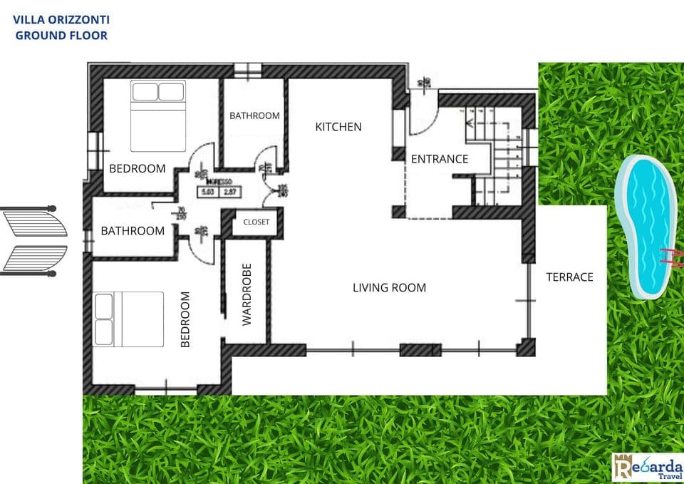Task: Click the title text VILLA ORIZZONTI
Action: [61, 20]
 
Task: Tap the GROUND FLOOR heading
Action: [61, 35]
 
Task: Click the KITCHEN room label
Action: [338, 127]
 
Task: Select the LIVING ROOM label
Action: [389, 288]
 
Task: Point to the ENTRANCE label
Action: [440, 159]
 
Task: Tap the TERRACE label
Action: [569, 277]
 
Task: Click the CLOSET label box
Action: [256, 222]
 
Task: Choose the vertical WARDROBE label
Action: [247, 294]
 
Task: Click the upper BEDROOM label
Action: [137, 169]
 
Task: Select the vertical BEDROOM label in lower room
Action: [185, 319]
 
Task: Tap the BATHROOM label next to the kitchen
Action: [254, 115]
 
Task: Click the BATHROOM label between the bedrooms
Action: [133, 231]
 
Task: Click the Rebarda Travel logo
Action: [647, 467]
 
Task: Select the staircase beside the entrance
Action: [499, 157]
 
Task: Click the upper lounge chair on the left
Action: [36, 221]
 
